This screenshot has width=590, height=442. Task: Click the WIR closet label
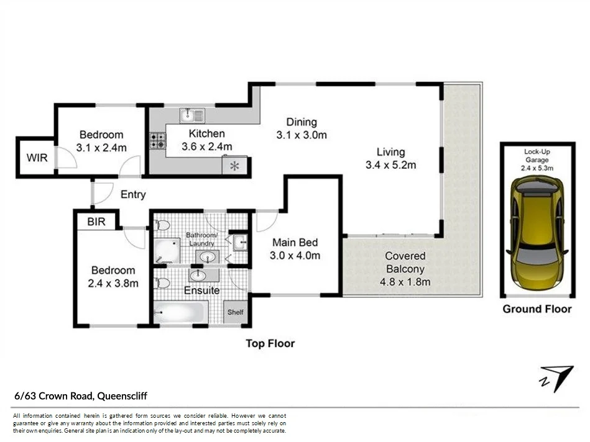(36, 158)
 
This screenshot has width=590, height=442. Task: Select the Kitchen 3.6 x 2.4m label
(206, 140)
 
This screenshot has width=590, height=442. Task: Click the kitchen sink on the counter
(192, 115)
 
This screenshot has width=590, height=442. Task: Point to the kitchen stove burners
(157, 142)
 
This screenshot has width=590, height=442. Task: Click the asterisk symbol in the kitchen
(234, 166)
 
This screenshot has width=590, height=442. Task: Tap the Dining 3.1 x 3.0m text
(301, 129)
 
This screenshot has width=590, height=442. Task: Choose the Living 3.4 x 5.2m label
(390, 158)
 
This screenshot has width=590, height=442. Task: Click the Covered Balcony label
(405, 269)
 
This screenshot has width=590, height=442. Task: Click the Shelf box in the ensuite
(236, 312)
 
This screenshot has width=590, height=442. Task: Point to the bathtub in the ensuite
(180, 313)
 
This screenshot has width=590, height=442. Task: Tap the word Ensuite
(201, 290)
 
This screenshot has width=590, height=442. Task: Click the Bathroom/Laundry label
(202, 239)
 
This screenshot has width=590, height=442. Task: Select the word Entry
(133, 194)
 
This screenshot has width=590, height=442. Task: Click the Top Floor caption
(270, 343)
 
